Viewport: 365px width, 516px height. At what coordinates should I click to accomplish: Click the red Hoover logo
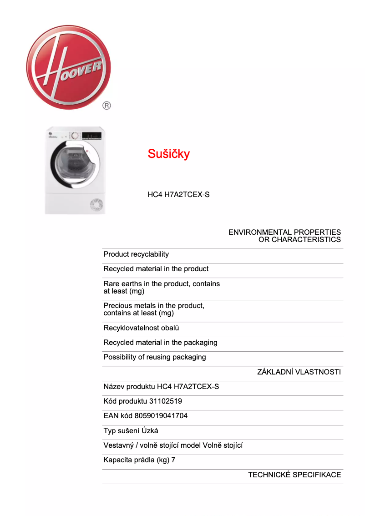[x=69, y=67]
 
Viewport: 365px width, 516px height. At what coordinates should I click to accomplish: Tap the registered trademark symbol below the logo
[x=106, y=106]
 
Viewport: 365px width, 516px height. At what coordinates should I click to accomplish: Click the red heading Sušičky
[x=168, y=154]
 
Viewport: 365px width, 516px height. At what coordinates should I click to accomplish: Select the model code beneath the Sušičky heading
[x=178, y=195]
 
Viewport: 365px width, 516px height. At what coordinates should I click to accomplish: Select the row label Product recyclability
[x=136, y=254]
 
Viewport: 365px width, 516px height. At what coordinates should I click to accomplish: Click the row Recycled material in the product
[x=156, y=269]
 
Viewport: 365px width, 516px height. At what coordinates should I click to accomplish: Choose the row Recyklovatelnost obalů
[x=141, y=328]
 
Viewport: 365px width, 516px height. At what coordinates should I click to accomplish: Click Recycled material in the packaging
[x=160, y=343]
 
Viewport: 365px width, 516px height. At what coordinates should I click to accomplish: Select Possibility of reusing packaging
[x=155, y=357]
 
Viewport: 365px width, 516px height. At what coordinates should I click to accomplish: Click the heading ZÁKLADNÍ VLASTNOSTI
[x=299, y=372]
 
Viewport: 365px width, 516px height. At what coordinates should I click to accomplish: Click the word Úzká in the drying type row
[x=150, y=430]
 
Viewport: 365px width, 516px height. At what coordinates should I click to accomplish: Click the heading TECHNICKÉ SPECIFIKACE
[x=294, y=475]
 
